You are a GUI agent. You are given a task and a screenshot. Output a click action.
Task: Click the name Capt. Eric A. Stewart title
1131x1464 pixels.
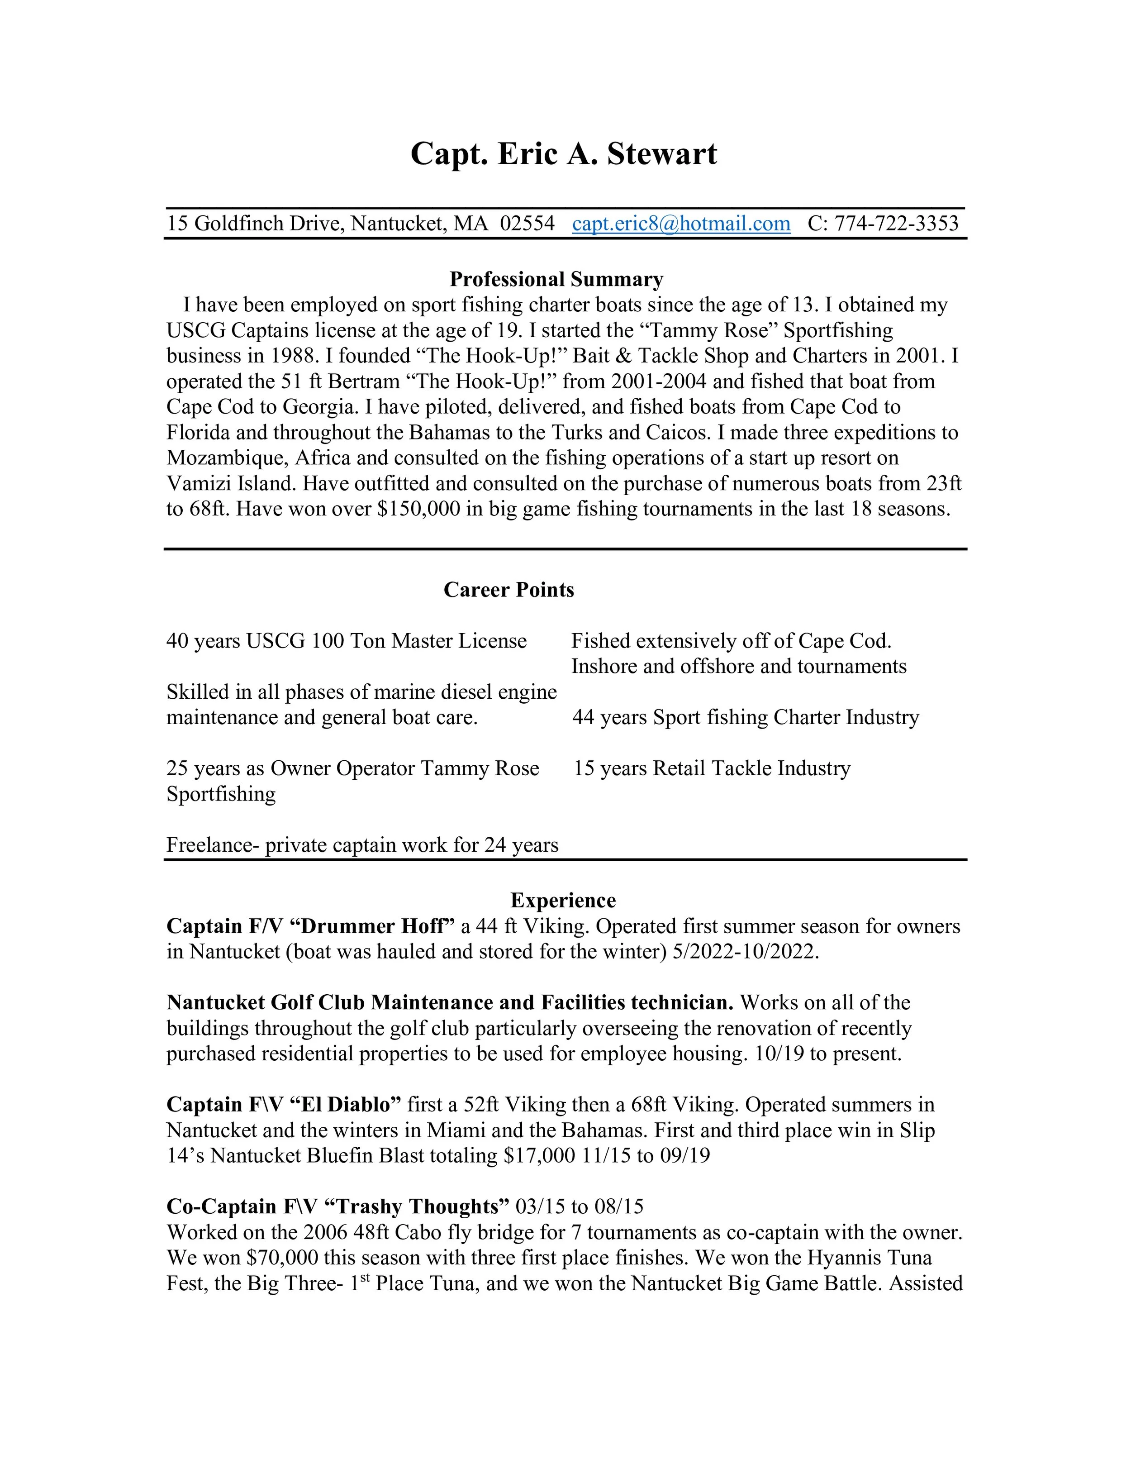pos(564,154)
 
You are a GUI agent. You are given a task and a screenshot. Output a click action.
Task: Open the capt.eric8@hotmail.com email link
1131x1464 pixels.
pos(681,223)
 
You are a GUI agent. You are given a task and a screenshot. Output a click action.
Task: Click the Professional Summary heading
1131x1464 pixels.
pos(556,279)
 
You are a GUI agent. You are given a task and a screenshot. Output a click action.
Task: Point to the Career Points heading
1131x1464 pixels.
pos(508,590)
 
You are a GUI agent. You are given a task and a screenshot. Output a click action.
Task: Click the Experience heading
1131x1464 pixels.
pos(563,900)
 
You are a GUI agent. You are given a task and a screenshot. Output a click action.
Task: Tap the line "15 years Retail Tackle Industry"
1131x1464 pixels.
pos(712,768)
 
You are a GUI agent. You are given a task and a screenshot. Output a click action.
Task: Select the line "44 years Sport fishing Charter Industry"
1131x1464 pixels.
pos(746,717)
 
